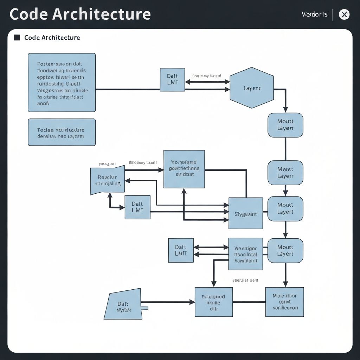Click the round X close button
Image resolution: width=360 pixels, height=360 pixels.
click(344, 14)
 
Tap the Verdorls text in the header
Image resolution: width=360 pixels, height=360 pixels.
click(314, 14)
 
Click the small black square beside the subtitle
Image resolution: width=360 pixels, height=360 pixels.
click(17, 38)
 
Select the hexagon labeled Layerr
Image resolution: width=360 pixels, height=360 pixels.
click(252, 88)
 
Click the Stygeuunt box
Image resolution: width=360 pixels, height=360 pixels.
click(245, 213)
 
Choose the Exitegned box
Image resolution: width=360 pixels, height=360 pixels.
click(213, 302)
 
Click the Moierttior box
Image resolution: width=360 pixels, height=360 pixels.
click(284, 302)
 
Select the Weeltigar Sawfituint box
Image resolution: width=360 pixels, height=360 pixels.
click(245, 254)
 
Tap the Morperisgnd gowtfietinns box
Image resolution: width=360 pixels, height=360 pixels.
click(184, 169)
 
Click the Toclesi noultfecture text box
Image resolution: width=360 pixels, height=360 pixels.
click(62, 132)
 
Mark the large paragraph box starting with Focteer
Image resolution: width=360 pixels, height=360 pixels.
click(62, 82)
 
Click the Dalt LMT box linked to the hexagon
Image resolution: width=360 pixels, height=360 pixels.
click(172, 80)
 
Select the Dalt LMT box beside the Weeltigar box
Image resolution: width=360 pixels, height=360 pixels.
click(181, 250)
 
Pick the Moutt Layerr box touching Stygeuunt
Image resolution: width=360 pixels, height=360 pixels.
click(285, 209)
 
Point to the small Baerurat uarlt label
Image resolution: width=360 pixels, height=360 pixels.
click(245, 281)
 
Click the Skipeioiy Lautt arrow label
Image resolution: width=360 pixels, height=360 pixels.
click(143, 163)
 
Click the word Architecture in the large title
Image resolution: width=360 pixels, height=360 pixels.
click(102, 14)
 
